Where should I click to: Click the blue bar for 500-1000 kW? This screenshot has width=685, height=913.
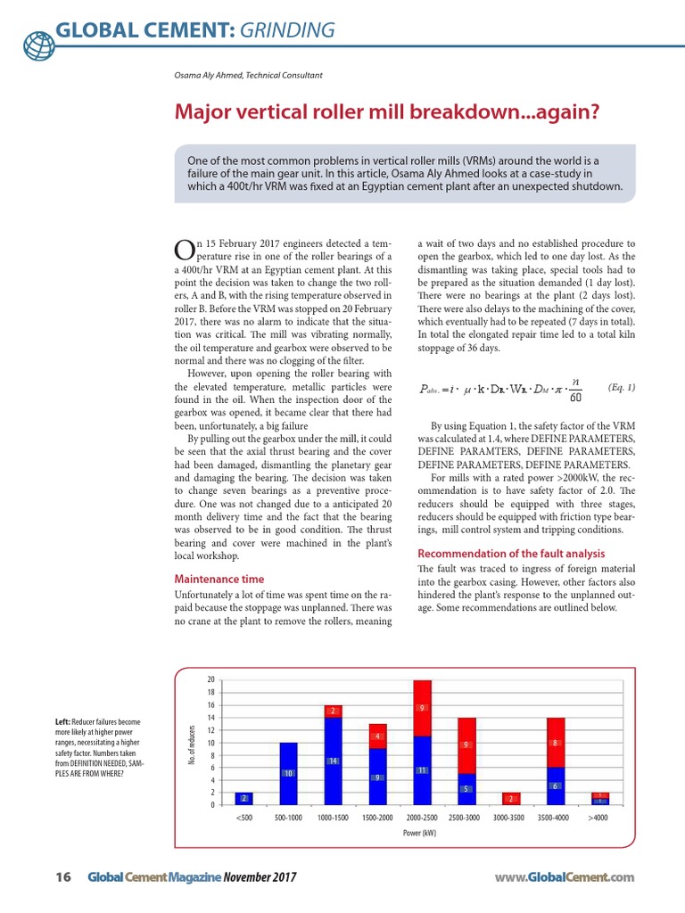(288, 773)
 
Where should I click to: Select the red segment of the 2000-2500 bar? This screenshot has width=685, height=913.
(422, 708)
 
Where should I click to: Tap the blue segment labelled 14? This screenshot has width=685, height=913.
(333, 761)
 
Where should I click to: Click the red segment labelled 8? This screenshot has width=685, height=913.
(555, 742)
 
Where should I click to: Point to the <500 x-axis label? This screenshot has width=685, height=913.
(244, 816)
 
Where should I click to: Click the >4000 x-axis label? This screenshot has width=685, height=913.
(599, 816)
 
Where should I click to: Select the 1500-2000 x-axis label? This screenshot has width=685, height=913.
(377, 816)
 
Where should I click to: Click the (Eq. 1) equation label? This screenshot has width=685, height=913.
(621, 387)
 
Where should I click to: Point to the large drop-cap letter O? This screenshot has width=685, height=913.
(183, 249)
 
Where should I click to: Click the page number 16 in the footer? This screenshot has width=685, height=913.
(62, 877)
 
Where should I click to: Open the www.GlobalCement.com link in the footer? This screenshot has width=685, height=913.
(564, 877)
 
